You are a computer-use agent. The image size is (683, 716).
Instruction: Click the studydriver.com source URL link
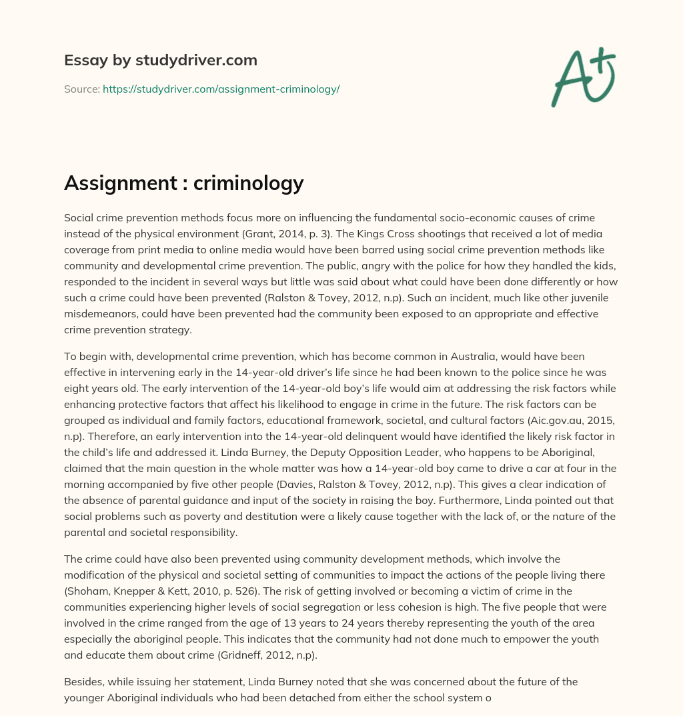(x=221, y=89)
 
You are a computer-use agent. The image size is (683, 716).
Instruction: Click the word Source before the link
(x=81, y=89)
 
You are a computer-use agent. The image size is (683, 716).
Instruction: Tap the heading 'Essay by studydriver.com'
(x=160, y=60)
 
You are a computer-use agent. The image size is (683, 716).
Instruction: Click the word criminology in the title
(x=249, y=183)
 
